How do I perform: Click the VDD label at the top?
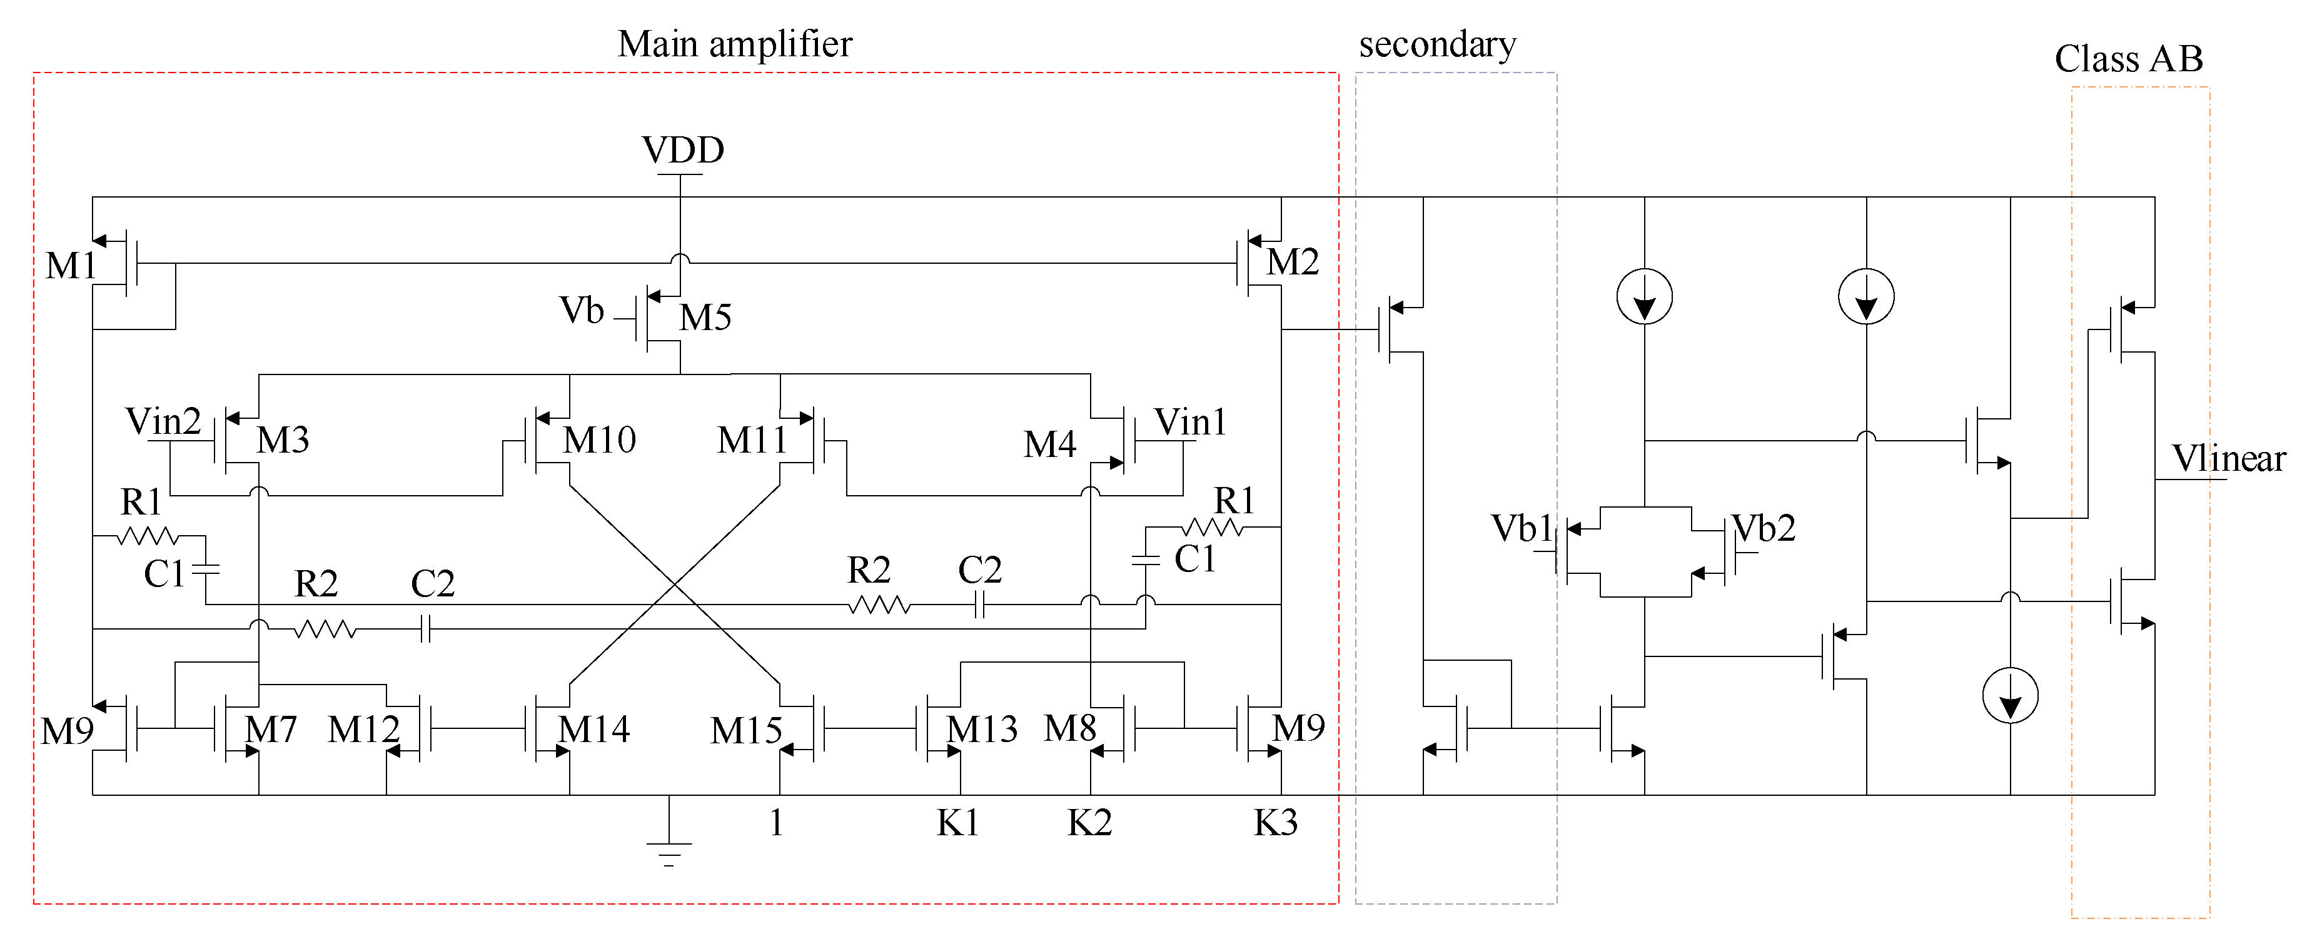coord(683,150)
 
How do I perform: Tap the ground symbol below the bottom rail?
coord(669,850)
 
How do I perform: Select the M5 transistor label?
coord(705,318)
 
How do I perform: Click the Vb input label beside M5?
coord(582,311)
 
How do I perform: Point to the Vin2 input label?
coord(163,421)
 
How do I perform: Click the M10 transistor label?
coord(599,439)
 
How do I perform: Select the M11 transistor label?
coord(752,439)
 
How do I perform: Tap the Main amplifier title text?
coord(734,44)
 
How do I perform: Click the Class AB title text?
coord(2128,59)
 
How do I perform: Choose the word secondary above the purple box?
coord(1436,44)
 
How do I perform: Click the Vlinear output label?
coord(2228,458)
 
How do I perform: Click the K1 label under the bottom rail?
coord(957,823)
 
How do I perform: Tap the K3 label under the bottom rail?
coord(1275,823)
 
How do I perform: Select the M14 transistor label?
coord(593,729)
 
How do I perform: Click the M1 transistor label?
coord(70,266)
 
